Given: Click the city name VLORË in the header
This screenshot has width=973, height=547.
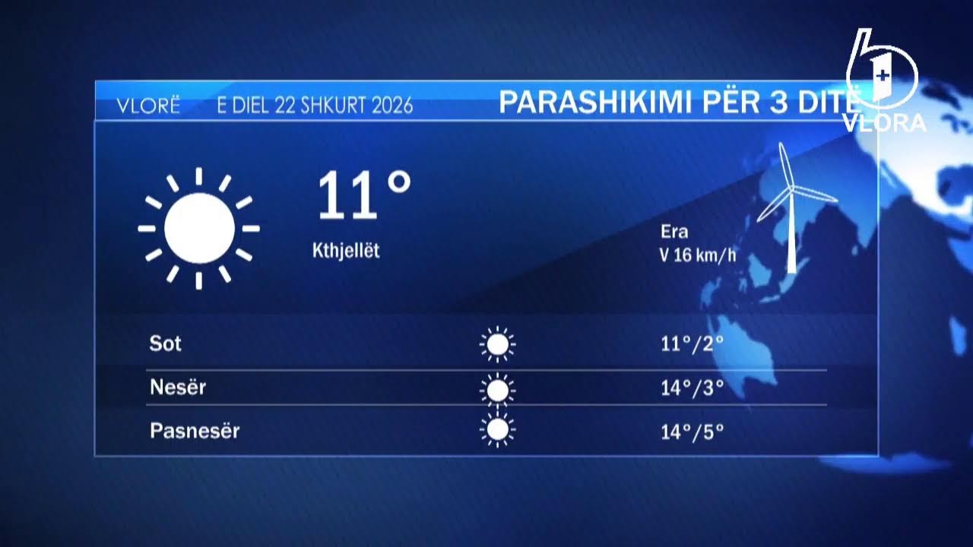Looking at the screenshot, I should [148, 106].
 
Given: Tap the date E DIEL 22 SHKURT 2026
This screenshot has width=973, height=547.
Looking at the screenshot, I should [315, 106].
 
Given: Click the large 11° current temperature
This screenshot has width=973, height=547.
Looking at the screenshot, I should [363, 196].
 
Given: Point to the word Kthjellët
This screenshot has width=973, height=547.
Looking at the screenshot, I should [346, 251].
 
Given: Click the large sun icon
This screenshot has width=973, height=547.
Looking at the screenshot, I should [199, 228].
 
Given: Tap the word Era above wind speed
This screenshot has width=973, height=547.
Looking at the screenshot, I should [674, 232].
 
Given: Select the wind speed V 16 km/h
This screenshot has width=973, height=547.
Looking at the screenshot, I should [698, 255].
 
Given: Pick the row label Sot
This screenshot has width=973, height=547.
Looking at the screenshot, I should [166, 343].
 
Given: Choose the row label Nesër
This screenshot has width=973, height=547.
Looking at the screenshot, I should [178, 387].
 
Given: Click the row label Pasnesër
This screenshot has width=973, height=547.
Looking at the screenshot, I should [195, 432].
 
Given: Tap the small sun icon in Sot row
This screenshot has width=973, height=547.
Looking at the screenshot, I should [497, 345].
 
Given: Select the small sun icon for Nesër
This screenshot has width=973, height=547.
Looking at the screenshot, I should [497, 390].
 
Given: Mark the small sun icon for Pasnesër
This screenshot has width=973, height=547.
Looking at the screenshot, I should [497, 431].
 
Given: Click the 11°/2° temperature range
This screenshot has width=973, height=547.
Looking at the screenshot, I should [692, 344].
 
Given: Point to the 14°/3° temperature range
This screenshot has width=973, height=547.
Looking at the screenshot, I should [692, 388].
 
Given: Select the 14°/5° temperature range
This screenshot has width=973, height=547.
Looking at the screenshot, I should [692, 432].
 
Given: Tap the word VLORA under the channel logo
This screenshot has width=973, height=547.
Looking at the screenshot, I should [886, 123].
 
